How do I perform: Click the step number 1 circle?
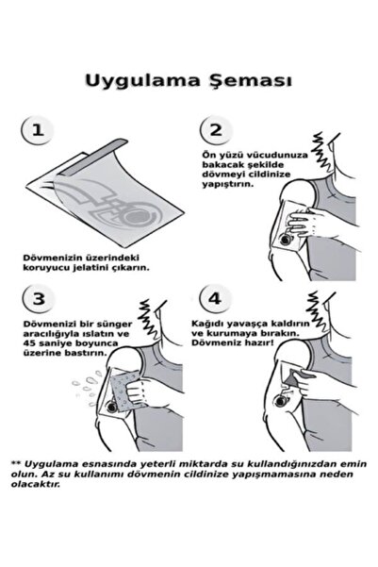click(x=38, y=130)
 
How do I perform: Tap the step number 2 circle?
click(x=216, y=130)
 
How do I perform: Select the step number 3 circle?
click(x=39, y=299)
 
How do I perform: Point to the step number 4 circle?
click(x=215, y=299)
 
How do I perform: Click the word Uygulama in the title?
click(x=142, y=80)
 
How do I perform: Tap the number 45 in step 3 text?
click(x=28, y=343)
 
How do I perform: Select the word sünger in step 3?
click(x=116, y=324)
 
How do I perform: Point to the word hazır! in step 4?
click(x=258, y=342)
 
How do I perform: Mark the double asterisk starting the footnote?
click(x=16, y=463)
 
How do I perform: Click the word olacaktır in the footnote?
click(x=36, y=484)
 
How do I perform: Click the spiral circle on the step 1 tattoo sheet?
click(x=138, y=216)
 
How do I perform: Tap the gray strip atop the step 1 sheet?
click(x=93, y=157)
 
